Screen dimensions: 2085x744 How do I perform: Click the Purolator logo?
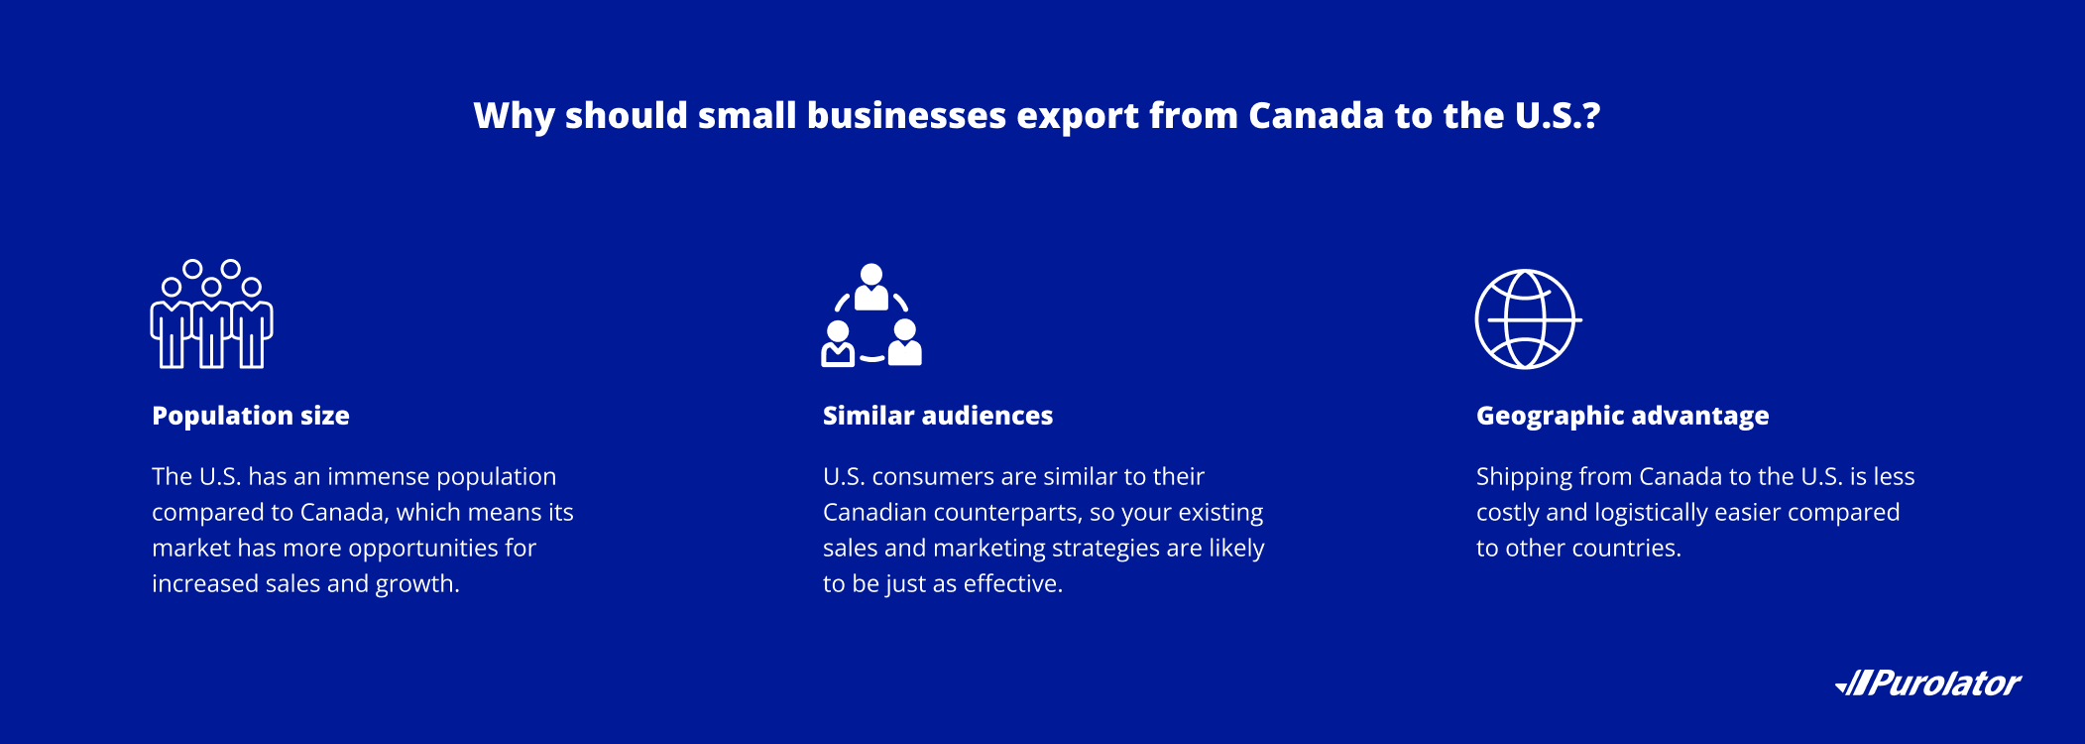[x=1928, y=683]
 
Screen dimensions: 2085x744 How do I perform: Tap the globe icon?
[x=1527, y=319]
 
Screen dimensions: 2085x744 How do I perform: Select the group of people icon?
[x=211, y=313]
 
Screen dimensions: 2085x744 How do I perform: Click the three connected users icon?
[x=871, y=314]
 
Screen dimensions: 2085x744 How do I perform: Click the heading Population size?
[x=251, y=416]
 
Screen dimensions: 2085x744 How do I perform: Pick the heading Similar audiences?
[x=938, y=416]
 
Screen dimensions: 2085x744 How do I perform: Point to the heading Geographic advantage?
[x=1623, y=417]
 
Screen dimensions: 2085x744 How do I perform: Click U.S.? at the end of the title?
[x=1558, y=115]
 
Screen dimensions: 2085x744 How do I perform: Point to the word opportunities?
[x=427, y=550]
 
